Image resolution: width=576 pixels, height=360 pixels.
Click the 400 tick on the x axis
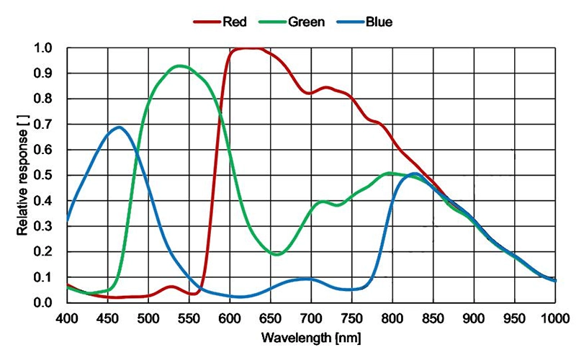67,317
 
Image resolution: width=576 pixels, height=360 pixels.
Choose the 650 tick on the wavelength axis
270,317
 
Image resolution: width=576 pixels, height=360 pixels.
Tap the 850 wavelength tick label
432,317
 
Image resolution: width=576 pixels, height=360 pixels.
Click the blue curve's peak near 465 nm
119,127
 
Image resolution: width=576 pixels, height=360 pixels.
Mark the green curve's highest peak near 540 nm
179,66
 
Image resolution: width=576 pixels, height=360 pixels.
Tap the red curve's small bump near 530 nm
171,287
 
